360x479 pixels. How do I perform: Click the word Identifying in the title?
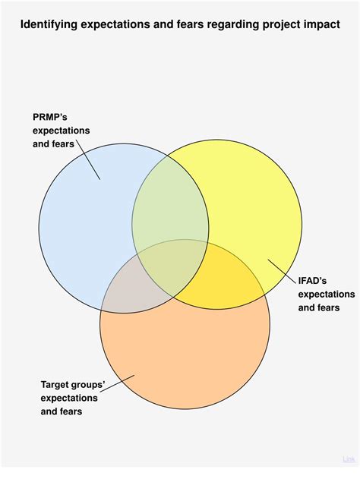click(x=49, y=25)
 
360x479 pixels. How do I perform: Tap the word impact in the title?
click(x=322, y=25)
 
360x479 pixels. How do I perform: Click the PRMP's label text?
click(x=50, y=118)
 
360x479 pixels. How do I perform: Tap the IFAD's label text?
click(x=312, y=281)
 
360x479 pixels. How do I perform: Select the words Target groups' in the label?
click(x=73, y=385)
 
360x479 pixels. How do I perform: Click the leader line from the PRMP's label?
click(x=88, y=160)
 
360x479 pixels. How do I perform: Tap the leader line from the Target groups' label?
click(x=117, y=383)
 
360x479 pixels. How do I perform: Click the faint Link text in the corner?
click(x=349, y=459)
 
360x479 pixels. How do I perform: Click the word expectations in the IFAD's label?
click(x=327, y=295)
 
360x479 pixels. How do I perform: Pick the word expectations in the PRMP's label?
click(x=61, y=131)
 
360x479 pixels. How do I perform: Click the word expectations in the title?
click(x=115, y=25)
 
